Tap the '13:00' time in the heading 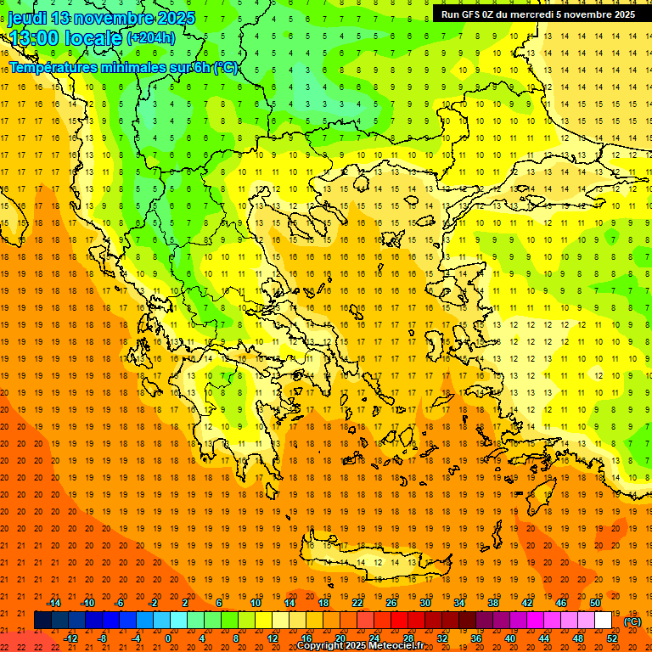click(33, 38)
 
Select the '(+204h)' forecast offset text click(150, 37)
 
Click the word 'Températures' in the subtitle click(51, 67)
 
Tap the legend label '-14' click(54, 603)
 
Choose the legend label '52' click(612, 638)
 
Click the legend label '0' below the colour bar click(167, 638)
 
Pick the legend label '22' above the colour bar click(357, 603)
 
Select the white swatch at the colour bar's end click(603, 621)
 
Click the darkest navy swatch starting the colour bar click(42, 621)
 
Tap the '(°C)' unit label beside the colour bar click(632, 621)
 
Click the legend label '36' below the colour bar click(476, 638)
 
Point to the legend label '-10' click(88, 603)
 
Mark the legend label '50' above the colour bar click(595, 603)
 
